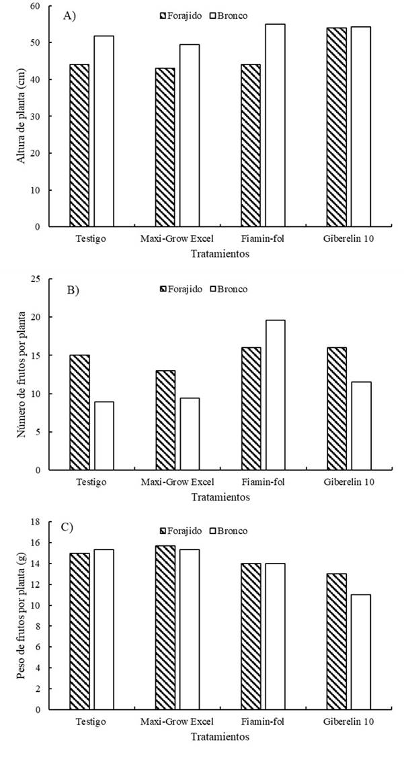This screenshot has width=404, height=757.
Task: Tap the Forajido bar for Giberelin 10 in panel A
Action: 337,128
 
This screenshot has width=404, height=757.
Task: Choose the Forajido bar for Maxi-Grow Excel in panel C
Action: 165,627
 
